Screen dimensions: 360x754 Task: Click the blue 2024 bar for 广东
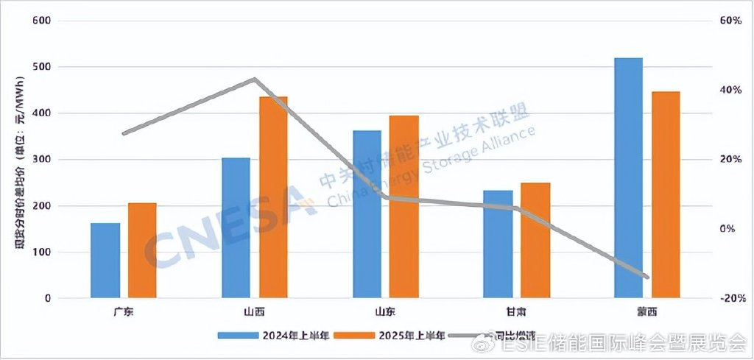105,261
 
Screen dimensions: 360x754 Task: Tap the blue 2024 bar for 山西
236,228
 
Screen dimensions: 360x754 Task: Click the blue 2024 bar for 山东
367,214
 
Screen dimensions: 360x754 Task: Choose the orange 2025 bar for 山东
404,207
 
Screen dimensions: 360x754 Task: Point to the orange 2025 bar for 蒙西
666,195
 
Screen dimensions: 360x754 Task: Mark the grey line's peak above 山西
254,79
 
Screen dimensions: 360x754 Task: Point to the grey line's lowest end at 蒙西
646,277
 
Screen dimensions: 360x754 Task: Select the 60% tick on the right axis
730,21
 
